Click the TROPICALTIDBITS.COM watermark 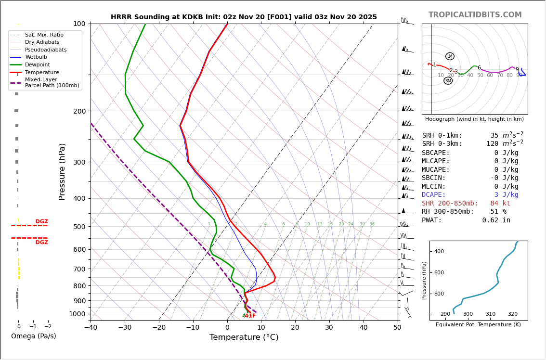475,15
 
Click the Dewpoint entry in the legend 37,64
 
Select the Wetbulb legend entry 36,57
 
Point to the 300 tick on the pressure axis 78,162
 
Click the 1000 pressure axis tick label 77,314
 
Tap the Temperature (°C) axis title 244,337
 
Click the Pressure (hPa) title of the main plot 62,171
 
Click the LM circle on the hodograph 450,56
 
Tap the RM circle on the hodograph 448,81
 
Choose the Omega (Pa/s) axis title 33,336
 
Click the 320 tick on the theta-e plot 512,314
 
